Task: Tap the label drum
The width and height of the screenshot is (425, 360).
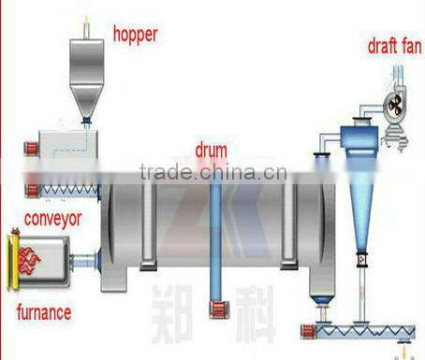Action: tap(211, 149)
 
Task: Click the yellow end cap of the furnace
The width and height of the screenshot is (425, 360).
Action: tap(11, 263)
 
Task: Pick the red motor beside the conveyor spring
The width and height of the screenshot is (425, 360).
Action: tap(32, 191)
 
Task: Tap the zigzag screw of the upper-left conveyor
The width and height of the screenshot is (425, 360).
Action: tap(70, 190)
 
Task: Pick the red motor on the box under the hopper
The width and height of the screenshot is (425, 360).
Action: tap(30, 148)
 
